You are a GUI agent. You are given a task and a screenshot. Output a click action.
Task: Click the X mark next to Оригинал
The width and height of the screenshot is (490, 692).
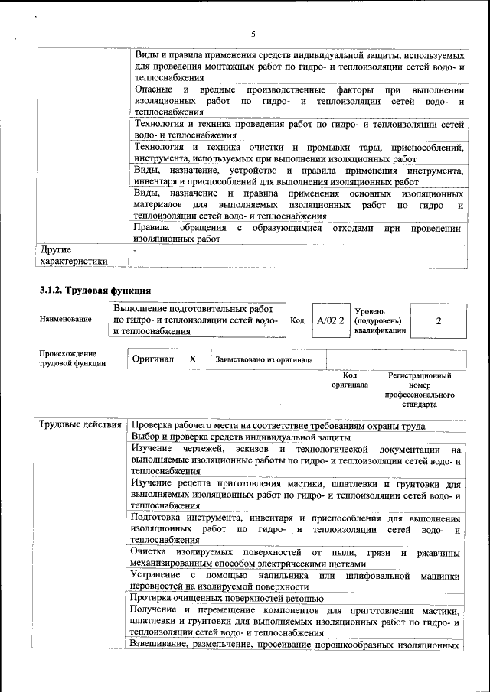[x=193, y=359]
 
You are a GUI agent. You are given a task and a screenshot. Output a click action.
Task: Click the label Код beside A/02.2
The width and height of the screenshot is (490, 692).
[x=299, y=320]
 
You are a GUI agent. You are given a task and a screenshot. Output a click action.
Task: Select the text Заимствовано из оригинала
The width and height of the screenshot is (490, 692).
[x=264, y=359]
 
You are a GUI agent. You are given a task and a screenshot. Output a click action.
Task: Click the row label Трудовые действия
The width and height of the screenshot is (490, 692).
[x=80, y=425]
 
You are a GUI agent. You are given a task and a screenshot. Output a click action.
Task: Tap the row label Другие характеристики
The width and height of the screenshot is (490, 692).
[x=73, y=255]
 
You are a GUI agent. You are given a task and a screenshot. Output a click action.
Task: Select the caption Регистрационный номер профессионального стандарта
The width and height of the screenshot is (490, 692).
[x=420, y=390]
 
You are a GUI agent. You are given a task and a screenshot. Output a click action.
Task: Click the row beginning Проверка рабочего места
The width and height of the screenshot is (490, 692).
[x=278, y=425]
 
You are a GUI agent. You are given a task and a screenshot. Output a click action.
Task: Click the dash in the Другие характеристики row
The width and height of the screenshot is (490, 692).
[x=135, y=250]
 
